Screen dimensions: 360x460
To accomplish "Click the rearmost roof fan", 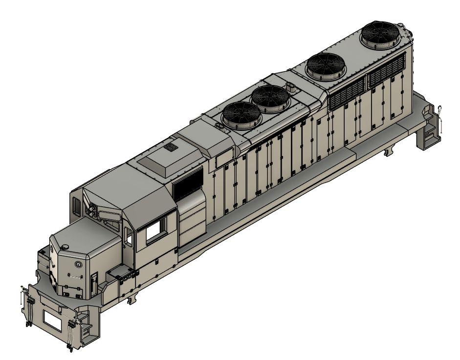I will pyautogui.click(x=380, y=35).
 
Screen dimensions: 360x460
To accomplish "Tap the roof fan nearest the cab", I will pyautogui.click(x=241, y=115).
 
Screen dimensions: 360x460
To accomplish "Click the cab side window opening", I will pyautogui.click(x=156, y=230).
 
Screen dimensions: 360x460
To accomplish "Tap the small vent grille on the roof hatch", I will pyautogui.click(x=171, y=147).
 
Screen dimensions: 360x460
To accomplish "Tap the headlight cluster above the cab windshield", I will pyautogui.click(x=91, y=210).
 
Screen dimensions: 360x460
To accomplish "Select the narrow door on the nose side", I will pyautogui.click(x=93, y=281).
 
